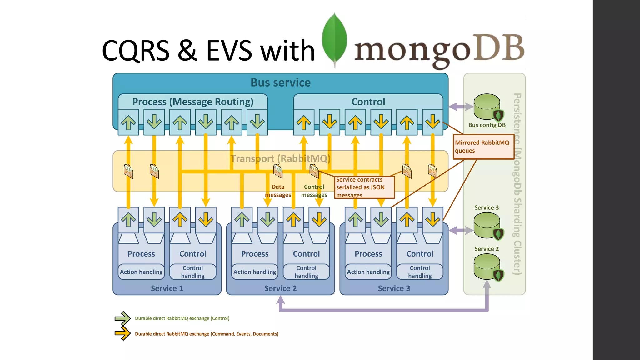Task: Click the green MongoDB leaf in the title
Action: coord(334,39)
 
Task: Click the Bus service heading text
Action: coord(280,82)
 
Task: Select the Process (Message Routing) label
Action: coord(192,102)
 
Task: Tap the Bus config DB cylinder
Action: coord(487,107)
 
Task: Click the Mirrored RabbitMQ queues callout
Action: coord(483,147)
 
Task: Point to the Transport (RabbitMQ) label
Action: coord(280,158)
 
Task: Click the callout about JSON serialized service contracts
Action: coord(364,187)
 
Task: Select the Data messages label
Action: coord(278,191)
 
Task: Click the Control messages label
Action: coord(314,191)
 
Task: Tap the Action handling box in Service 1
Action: coord(141,272)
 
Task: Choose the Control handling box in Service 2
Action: coord(306,272)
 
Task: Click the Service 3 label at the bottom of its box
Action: coord(394,288)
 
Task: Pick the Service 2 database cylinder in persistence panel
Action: coord(487,267)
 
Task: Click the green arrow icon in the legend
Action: coord(122,318)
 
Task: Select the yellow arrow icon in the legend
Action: coord(122,334)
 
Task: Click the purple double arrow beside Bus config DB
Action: coord(461,107)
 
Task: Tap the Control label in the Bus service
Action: coord(368,102)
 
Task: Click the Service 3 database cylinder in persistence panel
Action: coord(487,225)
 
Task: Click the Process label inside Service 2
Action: coord(255,254)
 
